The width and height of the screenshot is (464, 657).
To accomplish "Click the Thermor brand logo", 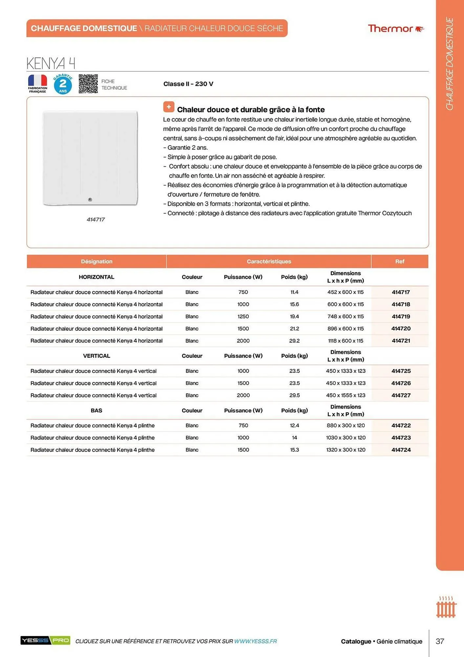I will (396, 29).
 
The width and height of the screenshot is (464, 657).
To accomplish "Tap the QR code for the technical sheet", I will (88, 84).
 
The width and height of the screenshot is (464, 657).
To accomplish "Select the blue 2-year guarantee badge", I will (63, 84).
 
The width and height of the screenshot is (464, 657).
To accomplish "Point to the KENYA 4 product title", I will (51, 63).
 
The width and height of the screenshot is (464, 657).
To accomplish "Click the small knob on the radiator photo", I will (90, 199).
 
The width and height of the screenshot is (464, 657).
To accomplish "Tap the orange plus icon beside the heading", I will (169, 107).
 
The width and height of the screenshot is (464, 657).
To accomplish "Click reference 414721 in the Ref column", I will (401, 341).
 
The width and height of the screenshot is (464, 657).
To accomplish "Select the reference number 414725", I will (401, 371).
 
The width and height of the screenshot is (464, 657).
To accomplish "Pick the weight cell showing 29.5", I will (294, 395).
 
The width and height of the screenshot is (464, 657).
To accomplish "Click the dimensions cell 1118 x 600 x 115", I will (346, 341).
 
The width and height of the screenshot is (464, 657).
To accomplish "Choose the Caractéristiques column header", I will (269, 261).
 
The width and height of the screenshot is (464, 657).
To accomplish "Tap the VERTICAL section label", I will (96, 356).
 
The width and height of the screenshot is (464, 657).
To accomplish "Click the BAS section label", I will (96, 410).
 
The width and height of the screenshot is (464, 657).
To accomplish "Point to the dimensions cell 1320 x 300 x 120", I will (346, 450).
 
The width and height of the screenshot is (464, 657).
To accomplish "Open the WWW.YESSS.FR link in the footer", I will (255, 641).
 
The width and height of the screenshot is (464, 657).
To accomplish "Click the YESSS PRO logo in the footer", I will (45, 640).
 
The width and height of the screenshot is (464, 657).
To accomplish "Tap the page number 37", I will (440, 641).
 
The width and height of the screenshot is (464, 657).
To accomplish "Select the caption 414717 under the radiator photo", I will (95, 219).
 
